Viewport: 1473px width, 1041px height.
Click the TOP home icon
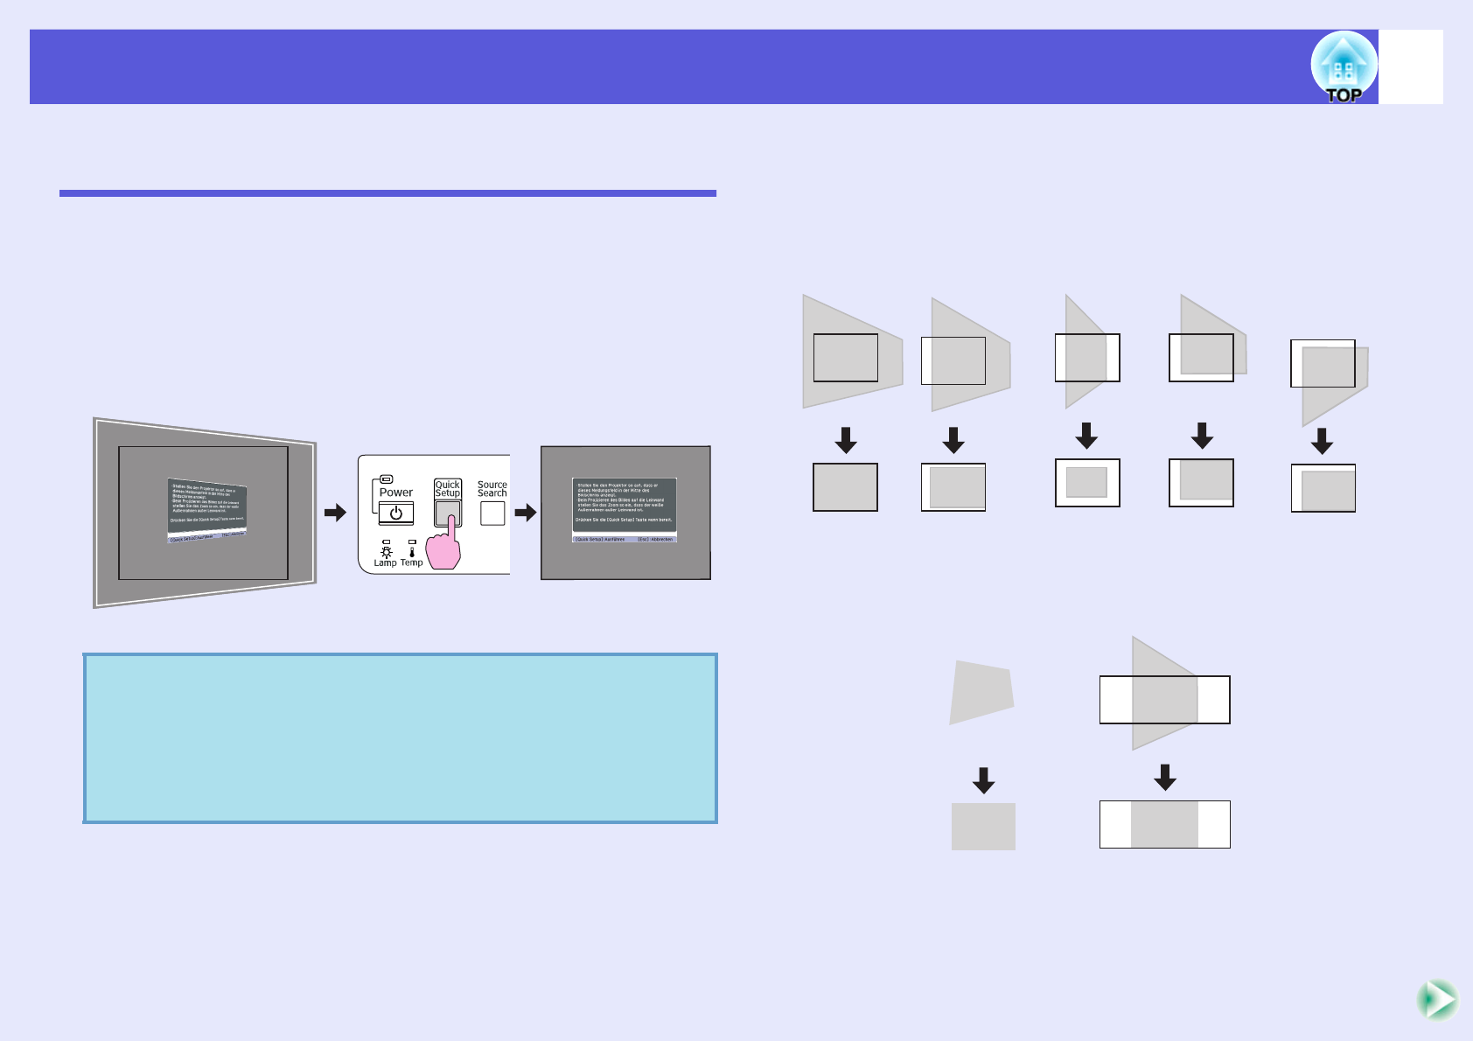click(x=1344, y=67)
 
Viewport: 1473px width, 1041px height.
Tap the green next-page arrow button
click(x=1436, y=999)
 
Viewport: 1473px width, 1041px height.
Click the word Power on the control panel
click(x=395, y=493)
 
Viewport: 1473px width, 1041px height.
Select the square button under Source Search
click(x=492, y=514)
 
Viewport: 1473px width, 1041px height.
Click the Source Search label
click(x=492, y=489)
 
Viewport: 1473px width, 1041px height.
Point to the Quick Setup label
click(x=448, y=488)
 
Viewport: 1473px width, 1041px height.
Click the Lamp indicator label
click(x=385, y=563)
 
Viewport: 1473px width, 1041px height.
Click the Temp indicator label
click(x=412, y=563)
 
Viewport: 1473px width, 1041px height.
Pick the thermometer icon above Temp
click(x=412, y=551)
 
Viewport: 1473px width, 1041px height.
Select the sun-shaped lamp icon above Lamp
click(x=386, y=552)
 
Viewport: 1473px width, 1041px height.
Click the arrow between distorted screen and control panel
click(x=335, y=513)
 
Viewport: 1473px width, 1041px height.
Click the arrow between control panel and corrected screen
click(x=525, y=513)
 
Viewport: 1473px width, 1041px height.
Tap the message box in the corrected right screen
click(x=625, y=510)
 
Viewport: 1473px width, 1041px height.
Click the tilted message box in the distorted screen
click(x=207, y=510)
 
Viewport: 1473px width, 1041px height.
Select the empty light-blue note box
click(x=401, y=738)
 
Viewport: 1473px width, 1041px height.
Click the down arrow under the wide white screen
click(x=1164, y=777)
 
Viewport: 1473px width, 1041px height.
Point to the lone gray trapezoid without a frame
click(x=982, y=692)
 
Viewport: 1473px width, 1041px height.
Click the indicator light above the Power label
click(x=387, y=479)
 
